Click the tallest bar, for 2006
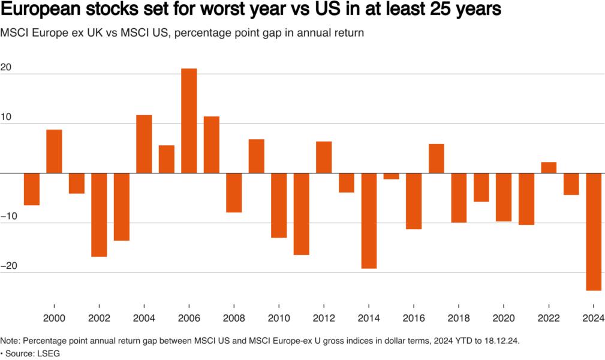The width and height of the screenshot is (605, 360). (189, 121)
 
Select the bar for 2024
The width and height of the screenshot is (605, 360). (594, 232)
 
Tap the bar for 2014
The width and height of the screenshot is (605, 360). (369, 221)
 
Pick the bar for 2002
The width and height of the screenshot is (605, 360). (99, 215)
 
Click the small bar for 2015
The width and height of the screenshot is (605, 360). (391, 176)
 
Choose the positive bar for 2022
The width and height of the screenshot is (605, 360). (549, 168)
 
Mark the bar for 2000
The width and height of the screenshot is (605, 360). (54, 151)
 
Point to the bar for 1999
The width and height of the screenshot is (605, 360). (31, 189)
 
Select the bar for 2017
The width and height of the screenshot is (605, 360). (436, 158)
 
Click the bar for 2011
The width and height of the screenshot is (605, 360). (301, 214)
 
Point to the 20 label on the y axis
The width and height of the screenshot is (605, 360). (7, 67)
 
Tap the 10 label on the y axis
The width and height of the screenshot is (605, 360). (7, 117)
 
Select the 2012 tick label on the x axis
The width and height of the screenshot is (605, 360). (324, 318)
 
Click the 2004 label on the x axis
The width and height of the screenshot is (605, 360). (144, 318)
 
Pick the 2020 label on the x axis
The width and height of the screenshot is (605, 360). (504, 318)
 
